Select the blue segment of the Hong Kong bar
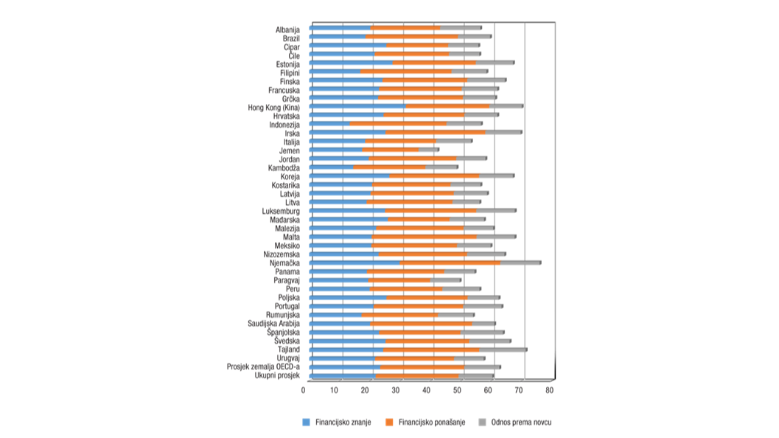point(357,107)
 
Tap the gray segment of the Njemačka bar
point(520,263)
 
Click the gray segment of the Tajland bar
point(503,350)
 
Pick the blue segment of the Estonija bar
point(351,63)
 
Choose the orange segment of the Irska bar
point(436,133)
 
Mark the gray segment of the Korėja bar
point(496,176)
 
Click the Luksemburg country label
point(281,211)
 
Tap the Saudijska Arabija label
point(273,323)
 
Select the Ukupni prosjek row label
point(277,375)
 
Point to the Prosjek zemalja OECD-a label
point(263,366)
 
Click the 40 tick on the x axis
point(428,389)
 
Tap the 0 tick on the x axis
point(304,389)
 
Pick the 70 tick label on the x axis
point(520,389)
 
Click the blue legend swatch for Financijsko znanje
point(307,423)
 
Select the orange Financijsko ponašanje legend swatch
point(390,423)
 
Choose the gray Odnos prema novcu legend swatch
point(483,423)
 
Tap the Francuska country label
point(284,89)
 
